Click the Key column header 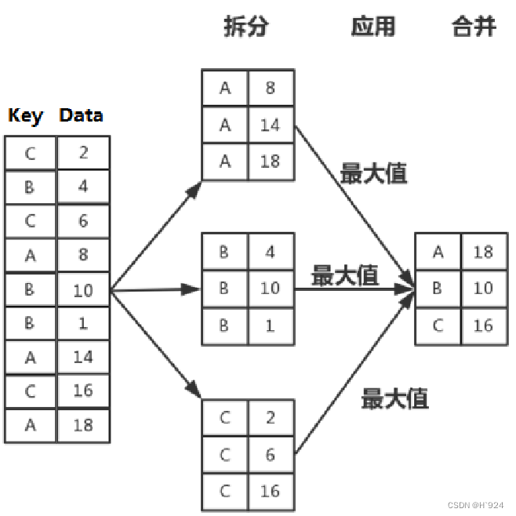click(25, 115)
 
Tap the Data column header click(81, 115)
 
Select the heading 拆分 click(246, 27)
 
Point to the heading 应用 click(372, 27)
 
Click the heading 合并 click(474, 27)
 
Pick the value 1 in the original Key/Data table click(83, 323)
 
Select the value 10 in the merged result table click(483, 288)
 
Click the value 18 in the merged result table click(483, 252)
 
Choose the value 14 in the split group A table click(271, 125)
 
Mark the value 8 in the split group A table click(271, 88)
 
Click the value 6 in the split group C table click(271, 454)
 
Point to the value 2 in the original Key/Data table click(83, 152)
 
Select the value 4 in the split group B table click(271, 253)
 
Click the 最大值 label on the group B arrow click(345, 275)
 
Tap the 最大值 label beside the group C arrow click(394, 398)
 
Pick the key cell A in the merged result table click(438, 252)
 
